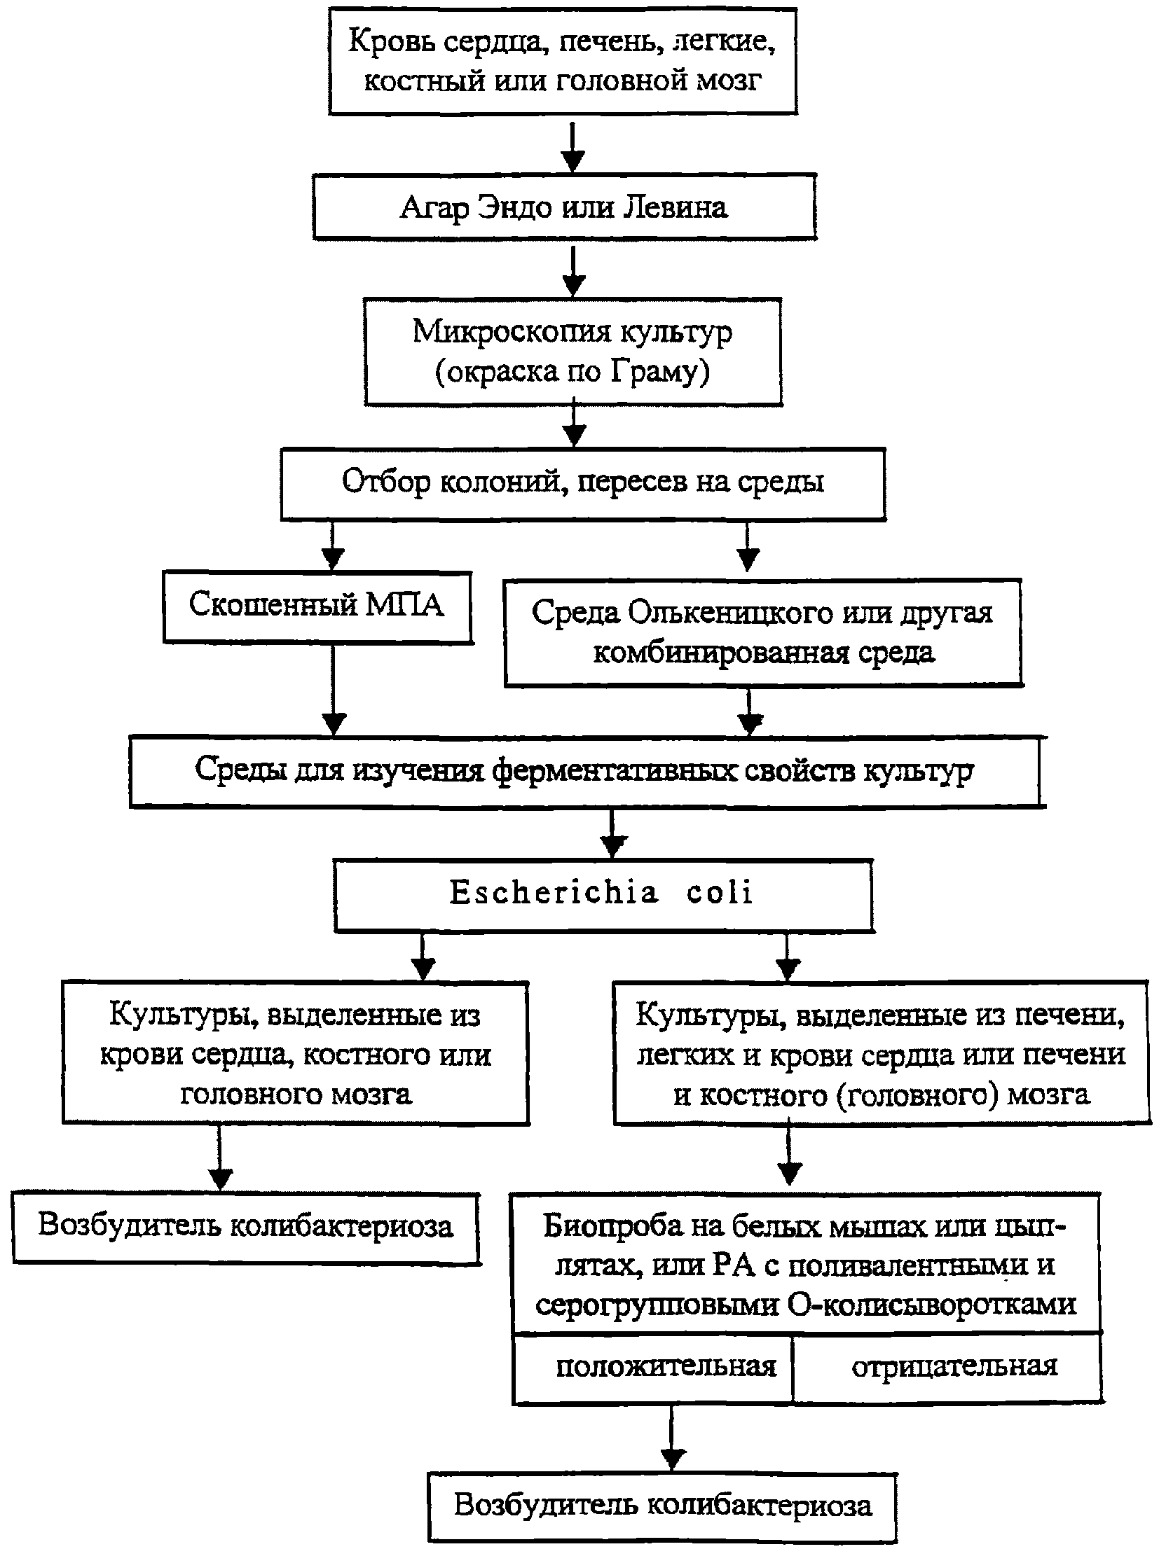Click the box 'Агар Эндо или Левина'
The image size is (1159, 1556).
[564, 207]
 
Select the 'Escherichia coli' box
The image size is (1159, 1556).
[604, 896]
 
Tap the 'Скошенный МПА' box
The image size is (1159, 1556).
[318, 607]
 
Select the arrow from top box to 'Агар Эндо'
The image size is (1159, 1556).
[574, 146]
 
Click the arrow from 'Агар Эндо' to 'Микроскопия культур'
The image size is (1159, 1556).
[574, 271]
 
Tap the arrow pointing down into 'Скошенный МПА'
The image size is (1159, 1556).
[333, 546]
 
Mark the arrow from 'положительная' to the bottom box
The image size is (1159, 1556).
[673, 1438]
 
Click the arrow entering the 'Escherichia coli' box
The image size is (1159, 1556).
[614, 834]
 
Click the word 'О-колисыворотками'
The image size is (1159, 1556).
[932, 1305]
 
